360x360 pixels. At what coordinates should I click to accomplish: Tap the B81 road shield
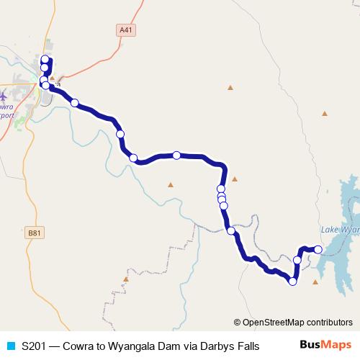33,232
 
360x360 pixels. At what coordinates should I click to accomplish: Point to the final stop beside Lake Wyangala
318,249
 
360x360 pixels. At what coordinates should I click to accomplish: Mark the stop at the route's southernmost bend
292,282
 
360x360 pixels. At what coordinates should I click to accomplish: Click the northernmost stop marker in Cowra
45,59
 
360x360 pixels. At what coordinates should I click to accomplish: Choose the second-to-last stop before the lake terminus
297,259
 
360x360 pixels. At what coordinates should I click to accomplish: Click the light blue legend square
9,346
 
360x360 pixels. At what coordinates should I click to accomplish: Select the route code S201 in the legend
34,346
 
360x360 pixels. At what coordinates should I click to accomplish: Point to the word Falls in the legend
248,346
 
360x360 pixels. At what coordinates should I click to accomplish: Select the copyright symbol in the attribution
238,323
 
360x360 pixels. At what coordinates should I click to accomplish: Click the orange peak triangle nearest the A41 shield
230,88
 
